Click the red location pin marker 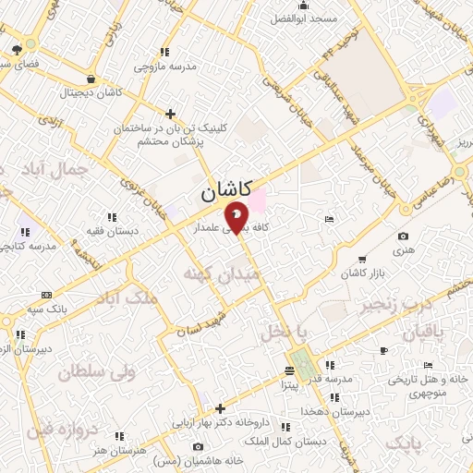click(237, 219)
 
